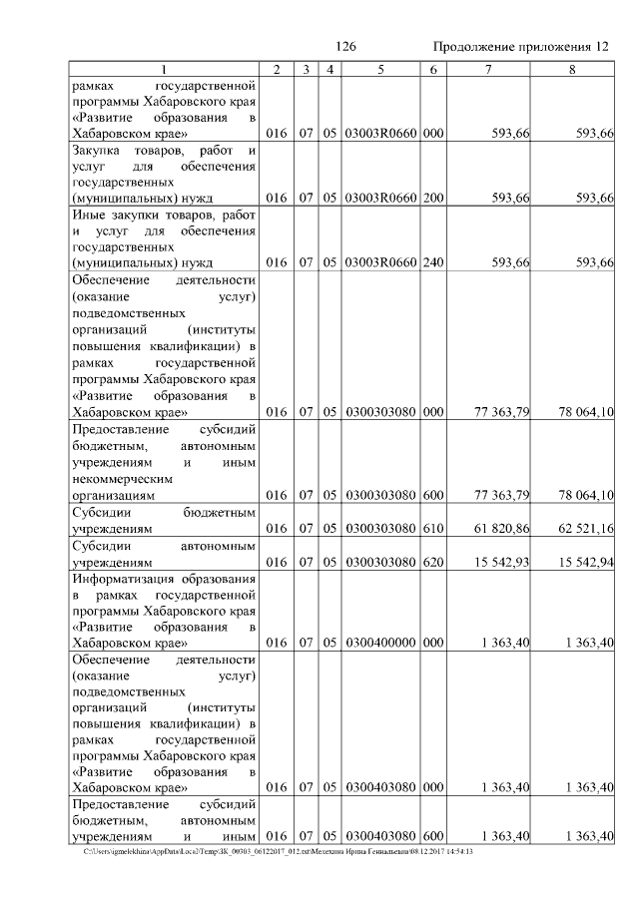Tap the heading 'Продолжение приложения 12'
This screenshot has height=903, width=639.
pyautogui.click(x=520, y=47)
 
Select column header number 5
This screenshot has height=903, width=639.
pyautogui.click(x=380, y=69)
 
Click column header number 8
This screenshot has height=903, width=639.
pyautogui.click(x=572, y=69)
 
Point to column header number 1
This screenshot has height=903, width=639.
pyautogui.click(x=165, y=69)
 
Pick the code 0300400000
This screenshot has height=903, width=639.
pyautogui.click(x=380, y=643)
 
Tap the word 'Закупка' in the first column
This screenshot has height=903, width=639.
pyautogui.click(x=96, y=150)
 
